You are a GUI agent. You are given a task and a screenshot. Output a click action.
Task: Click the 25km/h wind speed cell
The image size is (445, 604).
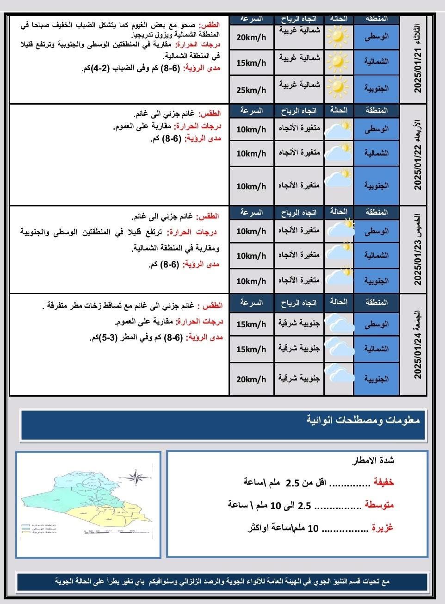(251, 89)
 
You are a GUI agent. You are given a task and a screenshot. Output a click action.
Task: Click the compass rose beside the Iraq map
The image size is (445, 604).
(139, 477)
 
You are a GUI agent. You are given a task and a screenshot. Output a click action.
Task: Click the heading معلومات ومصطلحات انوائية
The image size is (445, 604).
(363, 420)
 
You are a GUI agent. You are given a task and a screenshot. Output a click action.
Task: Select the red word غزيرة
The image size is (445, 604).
(383, 528)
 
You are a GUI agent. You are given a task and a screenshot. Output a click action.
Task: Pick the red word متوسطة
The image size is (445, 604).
(379, 504)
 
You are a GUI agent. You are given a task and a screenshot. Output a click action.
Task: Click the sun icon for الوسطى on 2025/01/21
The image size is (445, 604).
(338, 36)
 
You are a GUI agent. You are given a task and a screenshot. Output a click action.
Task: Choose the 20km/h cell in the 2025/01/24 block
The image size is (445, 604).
(251, 379)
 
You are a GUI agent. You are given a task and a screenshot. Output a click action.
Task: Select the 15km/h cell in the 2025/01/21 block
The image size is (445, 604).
(251, 62)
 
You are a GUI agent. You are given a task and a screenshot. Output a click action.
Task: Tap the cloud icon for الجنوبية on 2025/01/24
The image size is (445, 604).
(339, 374)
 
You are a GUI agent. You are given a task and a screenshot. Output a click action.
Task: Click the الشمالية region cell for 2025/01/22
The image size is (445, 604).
(376, 153)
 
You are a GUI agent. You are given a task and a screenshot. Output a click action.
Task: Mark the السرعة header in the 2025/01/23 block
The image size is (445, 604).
(251, 212)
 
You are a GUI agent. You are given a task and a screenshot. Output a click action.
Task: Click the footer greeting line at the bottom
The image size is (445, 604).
(222, 581)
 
